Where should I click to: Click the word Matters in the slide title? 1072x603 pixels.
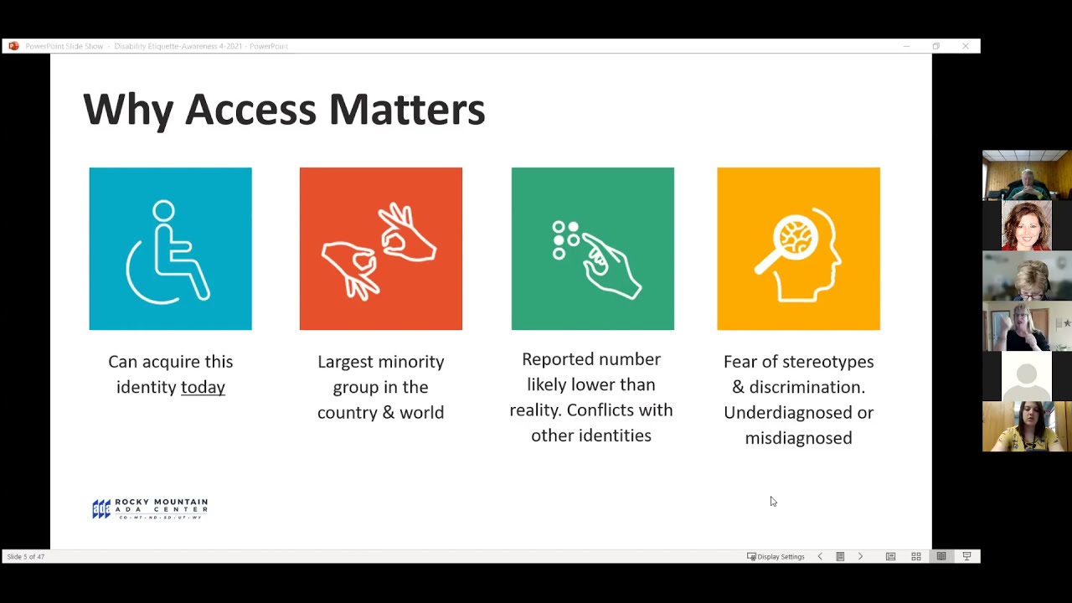pyautogui.click(x=406, y=110)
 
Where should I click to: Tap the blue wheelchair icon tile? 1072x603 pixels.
pyautogui.click(x=170, y=249)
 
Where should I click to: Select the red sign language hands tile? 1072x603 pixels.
pyautogui.click(x=380, y=249)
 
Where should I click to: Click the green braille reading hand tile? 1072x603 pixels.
pyautogui.click(x=592, y=249)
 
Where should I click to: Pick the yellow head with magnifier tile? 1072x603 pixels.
pyautogui.click(x=798, y=249)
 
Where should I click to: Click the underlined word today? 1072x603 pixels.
pyautogui.click(x=203, y=387)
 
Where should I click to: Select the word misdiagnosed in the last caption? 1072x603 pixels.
pyautogui.click(x=798, y=438)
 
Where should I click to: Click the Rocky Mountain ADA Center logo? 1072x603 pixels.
pyautogui.click(x=150, y=508)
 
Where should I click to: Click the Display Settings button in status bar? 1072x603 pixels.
pyautogui.click(x=776, y=556)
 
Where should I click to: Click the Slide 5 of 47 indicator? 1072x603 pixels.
pyautogui.click(x=26, y=556)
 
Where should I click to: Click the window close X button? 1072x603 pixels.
pyautogui.click(x=965, y=46)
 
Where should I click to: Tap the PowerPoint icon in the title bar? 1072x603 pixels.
pyautogui.click(x=13, y=46)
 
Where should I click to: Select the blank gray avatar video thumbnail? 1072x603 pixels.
pyautogui.click(x=1027, y=376)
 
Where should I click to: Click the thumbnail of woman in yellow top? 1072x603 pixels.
pyautogui.click(x=1027, y=426)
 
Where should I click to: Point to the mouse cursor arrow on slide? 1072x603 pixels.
pyautogui.click(x=773, y=501)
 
